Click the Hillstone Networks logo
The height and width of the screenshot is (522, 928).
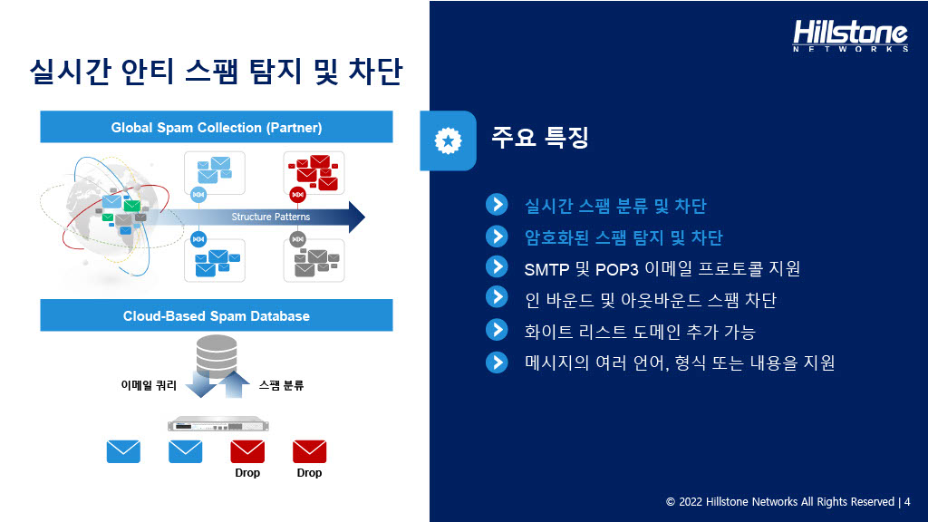(850, 35)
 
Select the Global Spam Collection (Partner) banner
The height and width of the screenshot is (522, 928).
(217, 127)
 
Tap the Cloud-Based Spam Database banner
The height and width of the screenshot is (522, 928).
(217, 315)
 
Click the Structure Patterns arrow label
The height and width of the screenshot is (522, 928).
(270, 217)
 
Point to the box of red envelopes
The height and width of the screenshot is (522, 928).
(314, 173)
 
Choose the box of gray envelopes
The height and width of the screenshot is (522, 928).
(314, 260)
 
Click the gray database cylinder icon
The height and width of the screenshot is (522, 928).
(217, 356)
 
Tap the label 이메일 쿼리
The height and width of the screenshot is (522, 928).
(149, 385)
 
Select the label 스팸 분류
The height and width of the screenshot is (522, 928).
(281, 385)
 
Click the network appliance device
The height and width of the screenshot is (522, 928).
(217, 424)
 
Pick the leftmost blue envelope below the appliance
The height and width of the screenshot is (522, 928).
(123, 451)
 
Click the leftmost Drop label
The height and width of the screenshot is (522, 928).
(247, 473)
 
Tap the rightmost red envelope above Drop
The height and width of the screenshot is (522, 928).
(310, 451)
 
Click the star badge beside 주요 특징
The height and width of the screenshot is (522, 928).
(448, 140)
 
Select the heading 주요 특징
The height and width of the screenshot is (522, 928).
(540, 138)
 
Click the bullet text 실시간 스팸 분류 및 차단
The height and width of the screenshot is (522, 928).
(615, 206)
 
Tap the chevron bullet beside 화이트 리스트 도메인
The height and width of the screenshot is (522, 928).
(498, 330)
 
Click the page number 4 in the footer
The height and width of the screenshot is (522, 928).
(907, 502)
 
